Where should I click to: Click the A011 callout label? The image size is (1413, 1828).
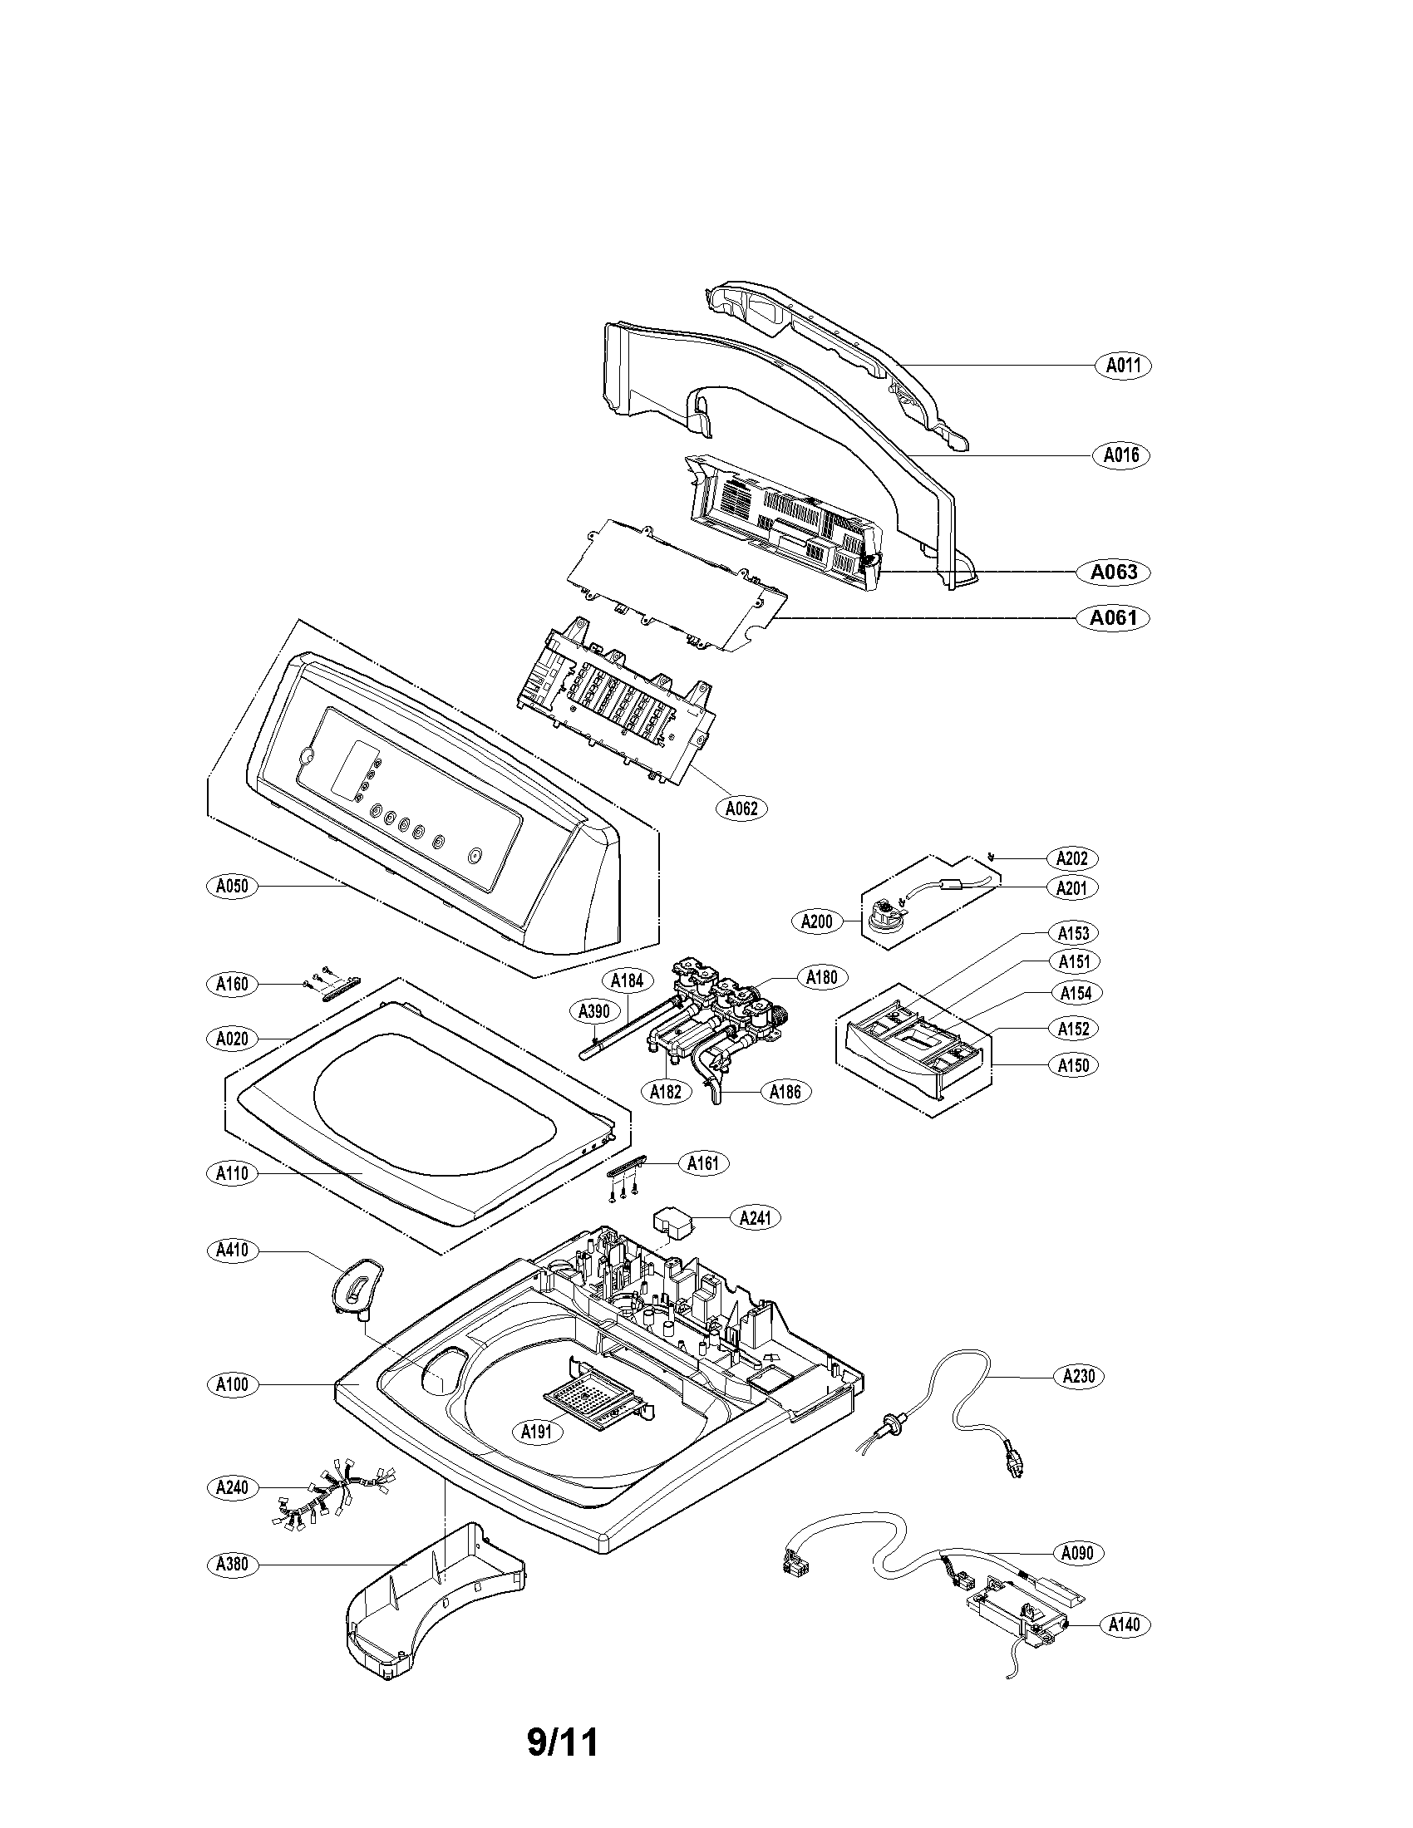click(1124, 365)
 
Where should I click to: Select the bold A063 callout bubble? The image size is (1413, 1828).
click(1113, 572)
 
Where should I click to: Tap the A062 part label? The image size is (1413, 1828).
click(741, 808)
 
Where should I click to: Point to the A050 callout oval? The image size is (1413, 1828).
click(231, 886)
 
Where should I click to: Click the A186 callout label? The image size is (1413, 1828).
click(786, 1091)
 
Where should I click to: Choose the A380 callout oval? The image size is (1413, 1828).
click(231, 1564)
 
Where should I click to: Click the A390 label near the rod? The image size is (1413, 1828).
click(594, 1011)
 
